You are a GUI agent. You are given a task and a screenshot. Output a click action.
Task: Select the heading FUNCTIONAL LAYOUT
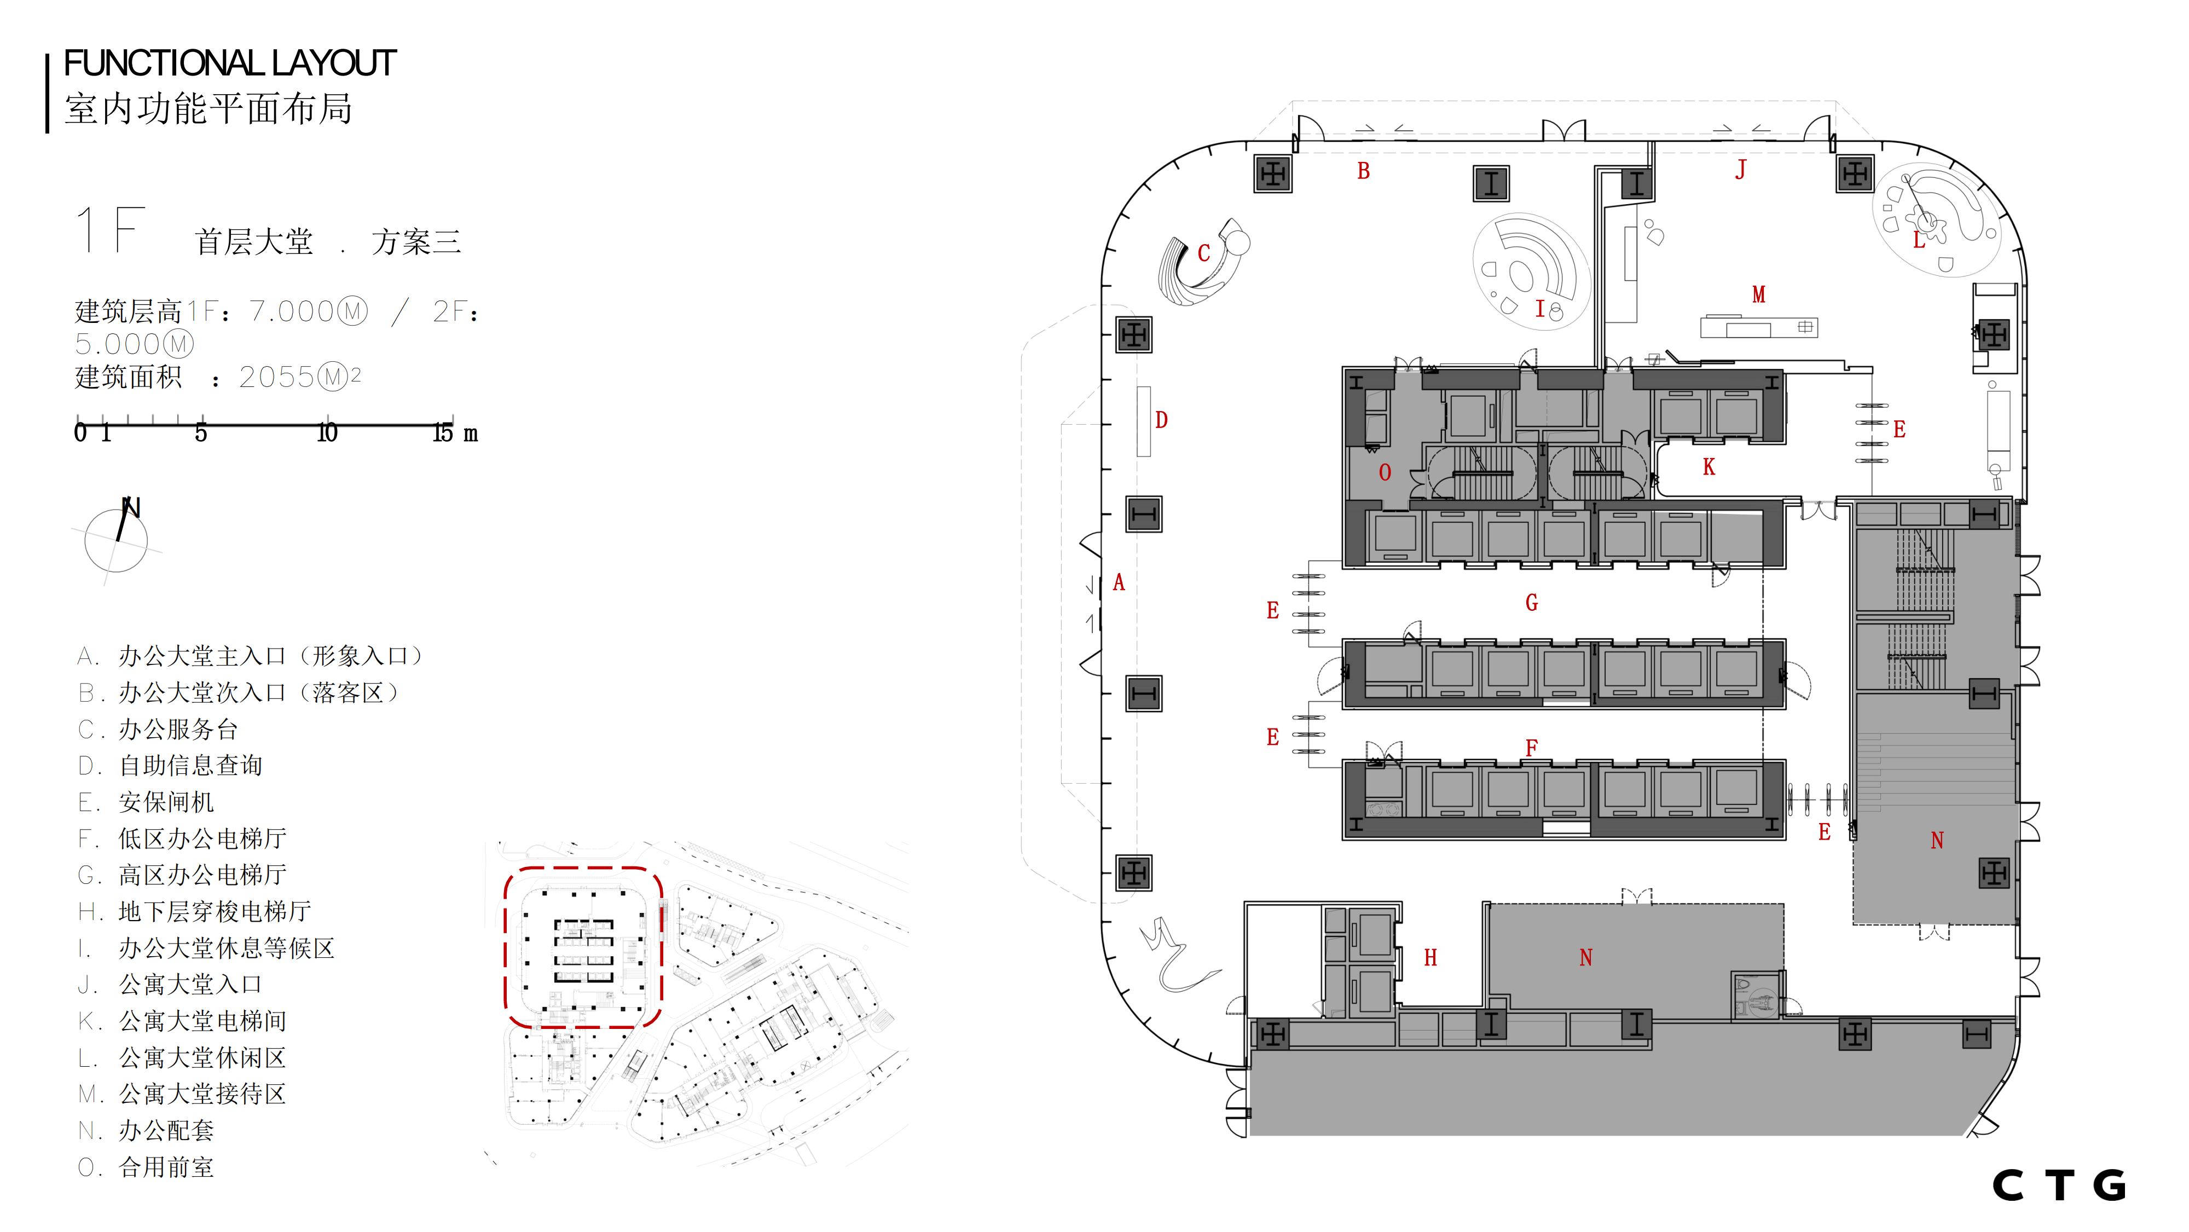coord(229,63)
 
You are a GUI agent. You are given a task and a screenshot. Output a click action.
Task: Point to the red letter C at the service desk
coord(1203,253)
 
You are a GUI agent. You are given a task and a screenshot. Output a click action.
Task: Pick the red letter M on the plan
coord(1758,295)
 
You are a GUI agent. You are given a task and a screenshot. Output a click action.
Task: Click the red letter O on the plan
coord(1385,472)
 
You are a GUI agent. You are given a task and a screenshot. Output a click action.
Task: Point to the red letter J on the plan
coord(1740,170)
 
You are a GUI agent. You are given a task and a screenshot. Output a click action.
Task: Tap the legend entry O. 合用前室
coord(146,1167)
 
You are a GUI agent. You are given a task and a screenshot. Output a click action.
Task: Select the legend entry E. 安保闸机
coord(146,802)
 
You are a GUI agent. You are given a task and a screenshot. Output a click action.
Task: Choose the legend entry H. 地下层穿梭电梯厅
coord(194,912)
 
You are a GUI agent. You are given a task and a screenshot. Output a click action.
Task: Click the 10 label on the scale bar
coord(327,433)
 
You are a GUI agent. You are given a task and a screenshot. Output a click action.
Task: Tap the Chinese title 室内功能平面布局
coord(208,109)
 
